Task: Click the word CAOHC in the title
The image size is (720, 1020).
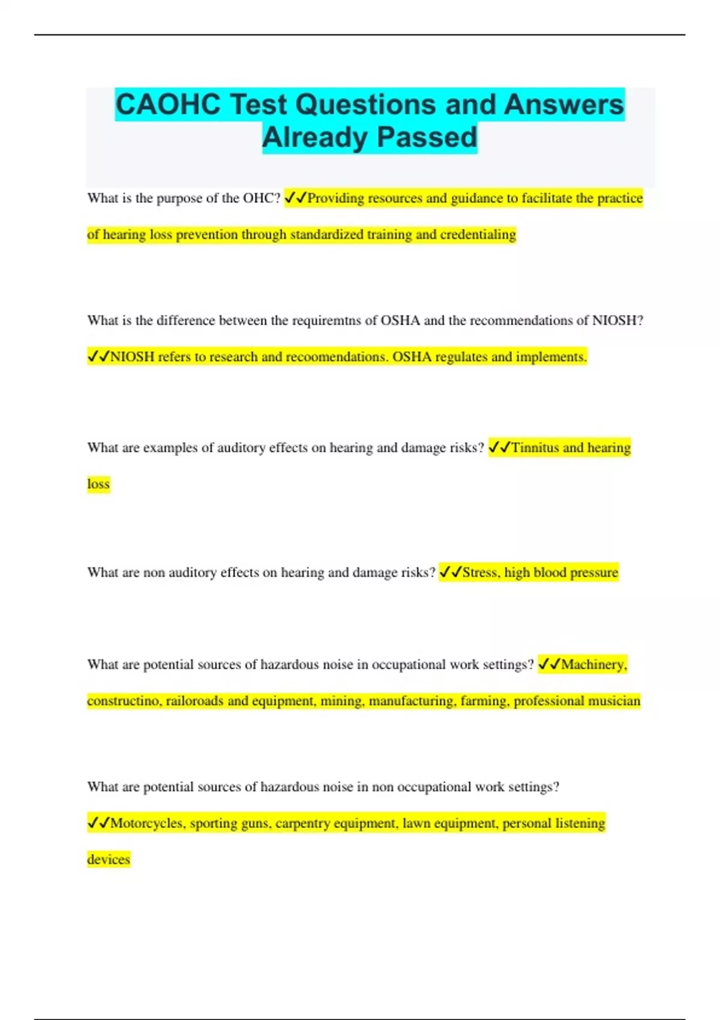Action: [x=168, y=104]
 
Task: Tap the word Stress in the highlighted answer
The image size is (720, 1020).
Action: [x=480, y=572]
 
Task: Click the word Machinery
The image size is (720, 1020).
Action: [x=594, y=665]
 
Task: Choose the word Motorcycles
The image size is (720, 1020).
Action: [x=147, y=823]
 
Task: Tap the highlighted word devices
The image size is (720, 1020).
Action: [x=109, y=859]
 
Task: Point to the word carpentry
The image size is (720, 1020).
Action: [x=302, y=823]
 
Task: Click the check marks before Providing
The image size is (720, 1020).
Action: [x=295, y=198]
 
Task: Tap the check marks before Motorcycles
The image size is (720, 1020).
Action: [x=98, y=823]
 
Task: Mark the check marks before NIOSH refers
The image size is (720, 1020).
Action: [x=98, y=357]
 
